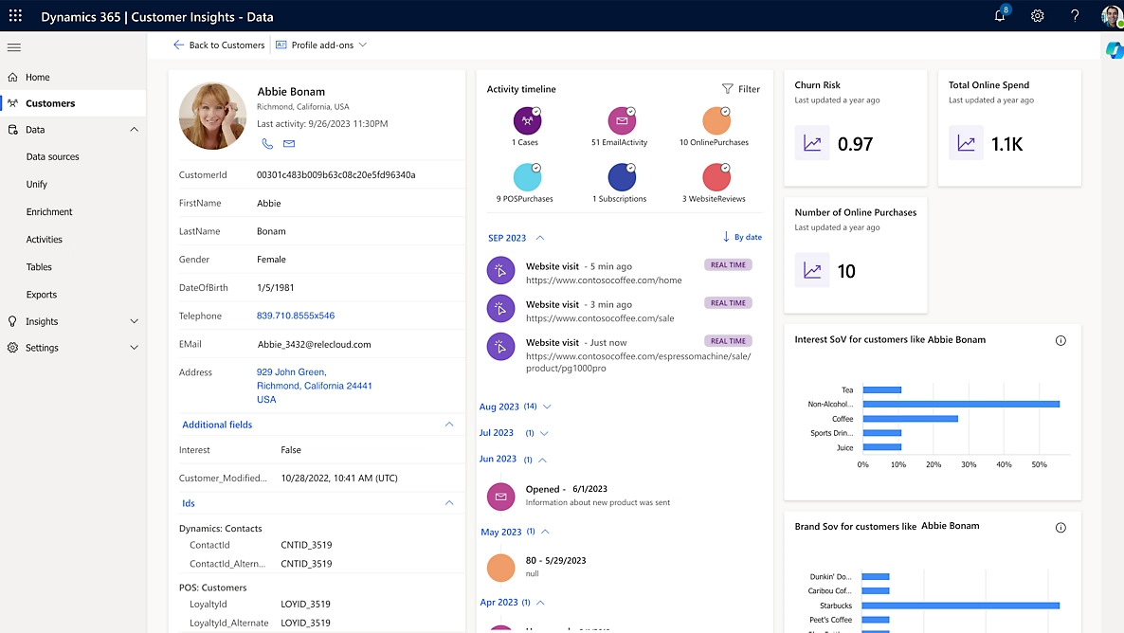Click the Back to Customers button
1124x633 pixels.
[x=219, y=45]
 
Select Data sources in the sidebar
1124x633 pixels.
[x=52, y=157]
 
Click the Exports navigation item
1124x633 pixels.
[x=42, y=295]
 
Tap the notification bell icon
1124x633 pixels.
[x=1000, y=16]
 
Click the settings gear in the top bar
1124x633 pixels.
[x=1038, y=16]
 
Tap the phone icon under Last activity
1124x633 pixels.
[x=267, y=144]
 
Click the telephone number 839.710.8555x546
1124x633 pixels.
[x=295, y=316]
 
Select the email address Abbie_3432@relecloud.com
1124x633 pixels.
[x=314, y=345]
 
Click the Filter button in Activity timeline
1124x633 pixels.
[x=741, y=89]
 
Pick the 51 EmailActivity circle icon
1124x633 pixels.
[x=620, y=121]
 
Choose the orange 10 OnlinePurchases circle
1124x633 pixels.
[x=716, y=121]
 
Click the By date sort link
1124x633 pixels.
[x=742, y=237]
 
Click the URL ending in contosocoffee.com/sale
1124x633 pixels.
[x=600, y=318]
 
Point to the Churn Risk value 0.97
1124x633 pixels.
[x=855, y=144]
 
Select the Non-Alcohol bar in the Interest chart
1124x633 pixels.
[x=960, y=404]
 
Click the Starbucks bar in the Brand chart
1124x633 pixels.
[x=959, y=606]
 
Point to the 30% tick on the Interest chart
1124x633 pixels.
[x=969, y=464]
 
